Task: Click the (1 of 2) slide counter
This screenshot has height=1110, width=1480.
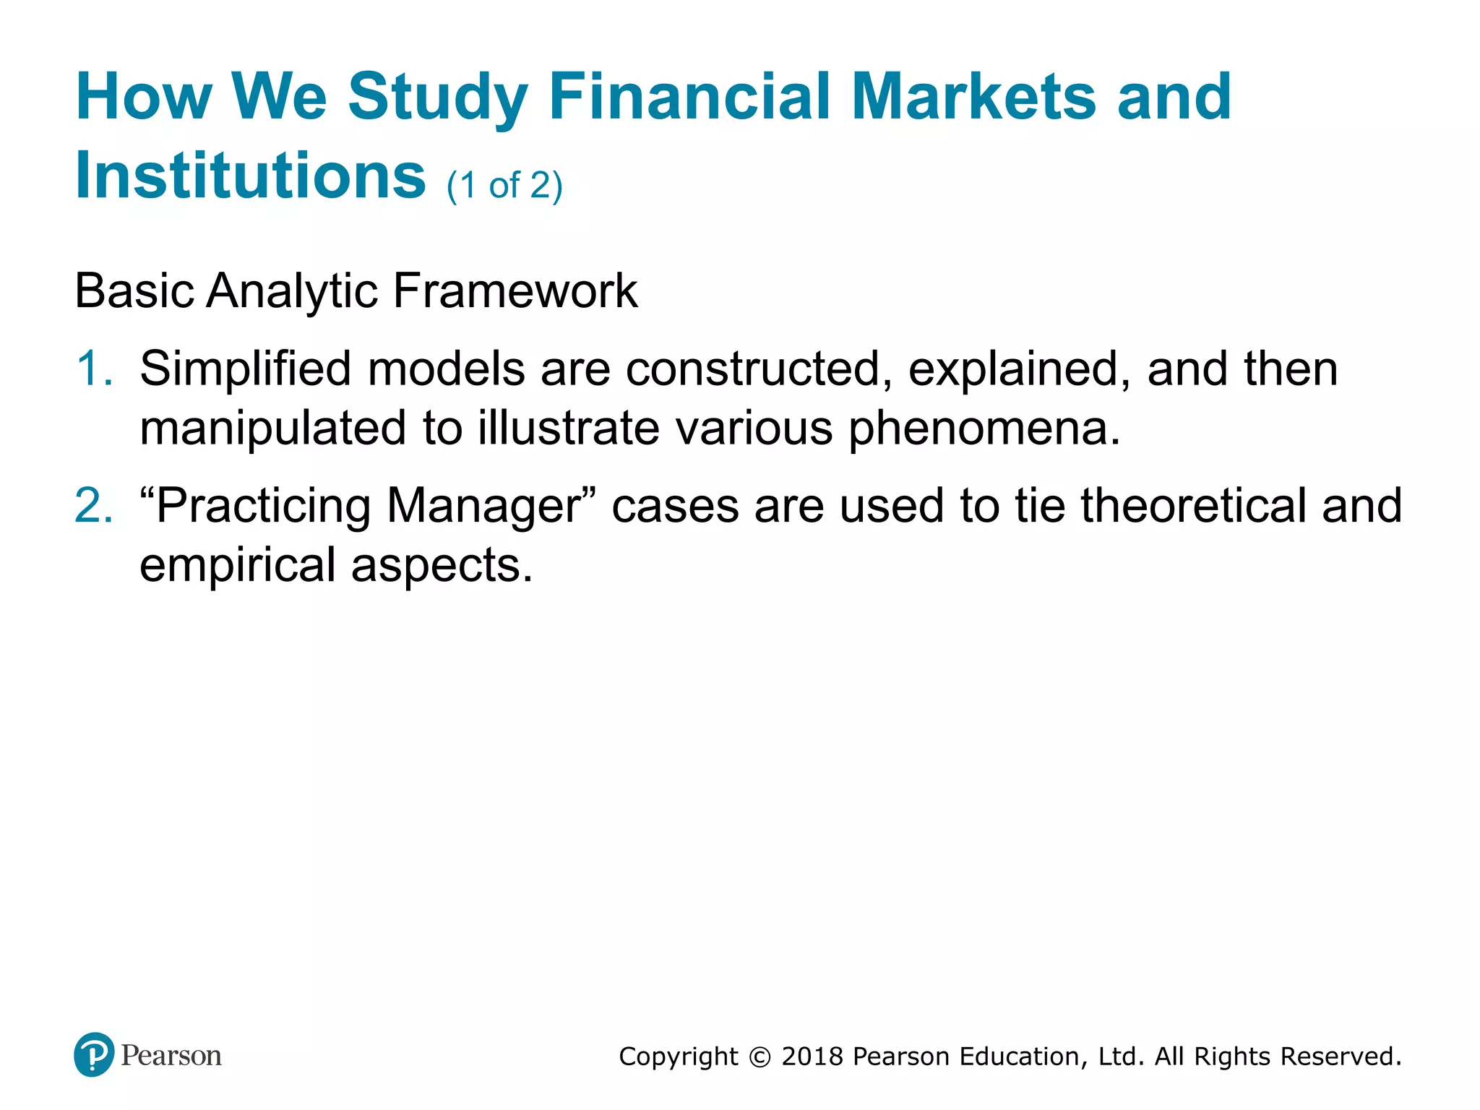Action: tap(504, 186)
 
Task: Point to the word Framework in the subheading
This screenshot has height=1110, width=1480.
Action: tap(515, 291)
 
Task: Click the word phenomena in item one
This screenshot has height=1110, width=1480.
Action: tap(983, 428)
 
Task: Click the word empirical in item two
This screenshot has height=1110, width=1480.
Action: tap(237, 564)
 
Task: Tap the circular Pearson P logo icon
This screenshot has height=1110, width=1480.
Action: tap(94, 1054)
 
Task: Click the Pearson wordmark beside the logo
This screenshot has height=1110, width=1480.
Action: tap(171, 1056)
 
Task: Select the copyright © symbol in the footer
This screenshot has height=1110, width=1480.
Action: tap(760, 1057)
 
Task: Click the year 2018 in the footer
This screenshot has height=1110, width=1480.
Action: tap(812, 1057)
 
